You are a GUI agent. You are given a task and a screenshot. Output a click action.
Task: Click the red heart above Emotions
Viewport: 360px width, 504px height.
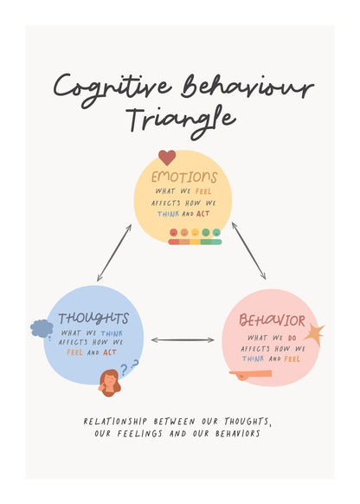(x=167, y=158)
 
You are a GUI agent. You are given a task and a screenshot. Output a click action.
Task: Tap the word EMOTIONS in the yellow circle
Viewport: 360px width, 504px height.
(x=184, y=178)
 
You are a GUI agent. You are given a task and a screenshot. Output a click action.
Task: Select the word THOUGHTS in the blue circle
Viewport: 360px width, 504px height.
(x=93, y=319)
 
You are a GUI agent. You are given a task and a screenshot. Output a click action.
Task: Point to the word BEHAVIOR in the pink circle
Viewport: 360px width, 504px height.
(x=272, y=320)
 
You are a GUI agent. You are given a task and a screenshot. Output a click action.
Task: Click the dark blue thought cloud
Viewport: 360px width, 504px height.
(x=42, y=328)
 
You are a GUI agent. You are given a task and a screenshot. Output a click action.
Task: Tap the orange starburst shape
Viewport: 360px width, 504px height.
(x=314, y=334)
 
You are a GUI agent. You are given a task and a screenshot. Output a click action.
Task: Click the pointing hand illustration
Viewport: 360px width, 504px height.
(x=250, y=375)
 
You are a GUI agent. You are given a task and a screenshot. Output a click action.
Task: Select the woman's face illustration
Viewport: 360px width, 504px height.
(x=110, y=383)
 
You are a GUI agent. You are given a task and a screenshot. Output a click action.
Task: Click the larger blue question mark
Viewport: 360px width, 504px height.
(x=124, y=370)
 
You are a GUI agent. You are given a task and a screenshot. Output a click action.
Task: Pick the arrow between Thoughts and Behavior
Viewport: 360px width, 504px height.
(x=183, y=339)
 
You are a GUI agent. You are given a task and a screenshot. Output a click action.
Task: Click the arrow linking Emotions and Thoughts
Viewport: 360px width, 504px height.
(x=114, y=253)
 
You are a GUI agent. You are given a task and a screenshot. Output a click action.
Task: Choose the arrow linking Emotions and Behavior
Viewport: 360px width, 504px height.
(x=249, y=251)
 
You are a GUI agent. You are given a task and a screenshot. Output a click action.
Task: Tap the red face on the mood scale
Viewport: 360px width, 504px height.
(x=173, y=232)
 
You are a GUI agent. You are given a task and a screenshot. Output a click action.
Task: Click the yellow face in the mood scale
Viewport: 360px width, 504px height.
(x=195, y=232)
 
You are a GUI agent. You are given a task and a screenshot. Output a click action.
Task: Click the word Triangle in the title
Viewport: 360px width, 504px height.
(x=182, y=122)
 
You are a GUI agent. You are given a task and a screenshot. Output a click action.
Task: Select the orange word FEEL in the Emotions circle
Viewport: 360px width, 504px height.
(x=203, y=191)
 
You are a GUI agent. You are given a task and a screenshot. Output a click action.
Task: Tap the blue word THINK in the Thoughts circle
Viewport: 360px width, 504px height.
(x=112, y=333)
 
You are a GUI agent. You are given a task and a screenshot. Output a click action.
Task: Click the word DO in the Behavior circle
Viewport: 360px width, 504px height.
(x=292, y=338)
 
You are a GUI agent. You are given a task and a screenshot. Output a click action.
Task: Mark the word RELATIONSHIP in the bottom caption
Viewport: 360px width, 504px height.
(x=115, y=421)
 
